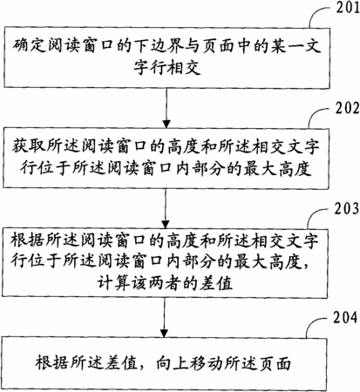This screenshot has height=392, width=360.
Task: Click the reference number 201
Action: pyautogui.click(x=348, y=7)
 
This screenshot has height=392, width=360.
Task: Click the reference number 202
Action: pyautogui.click(x=348, y=108)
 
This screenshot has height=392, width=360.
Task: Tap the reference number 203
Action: pyautogui.click(x=347, y=209)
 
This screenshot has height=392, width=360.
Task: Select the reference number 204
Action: pyautogui.click(x=345, y=317)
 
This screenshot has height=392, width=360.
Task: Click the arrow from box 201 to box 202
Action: pyautogui.click(x=166, y=108)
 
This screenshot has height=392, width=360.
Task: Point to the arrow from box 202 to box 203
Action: pyautogui.click(x=166, y=208)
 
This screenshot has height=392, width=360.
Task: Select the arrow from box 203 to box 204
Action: pyautogui.click(x=164, y=317)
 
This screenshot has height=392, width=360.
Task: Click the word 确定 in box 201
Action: pyautogui.click(x=29, y=46)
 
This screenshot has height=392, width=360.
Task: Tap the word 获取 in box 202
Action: pyautogui.click(x=29, y=146)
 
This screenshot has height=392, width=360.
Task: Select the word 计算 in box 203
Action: pyautogui.click(x=113, y=283)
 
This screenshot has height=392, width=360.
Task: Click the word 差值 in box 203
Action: pyautogui.click(x=216, y=283)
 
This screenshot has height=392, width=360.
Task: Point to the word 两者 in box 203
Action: pyautogui.click(x=165, y=283)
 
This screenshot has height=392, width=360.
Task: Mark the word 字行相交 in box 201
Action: pyautogui.click(x=167, y=68)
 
